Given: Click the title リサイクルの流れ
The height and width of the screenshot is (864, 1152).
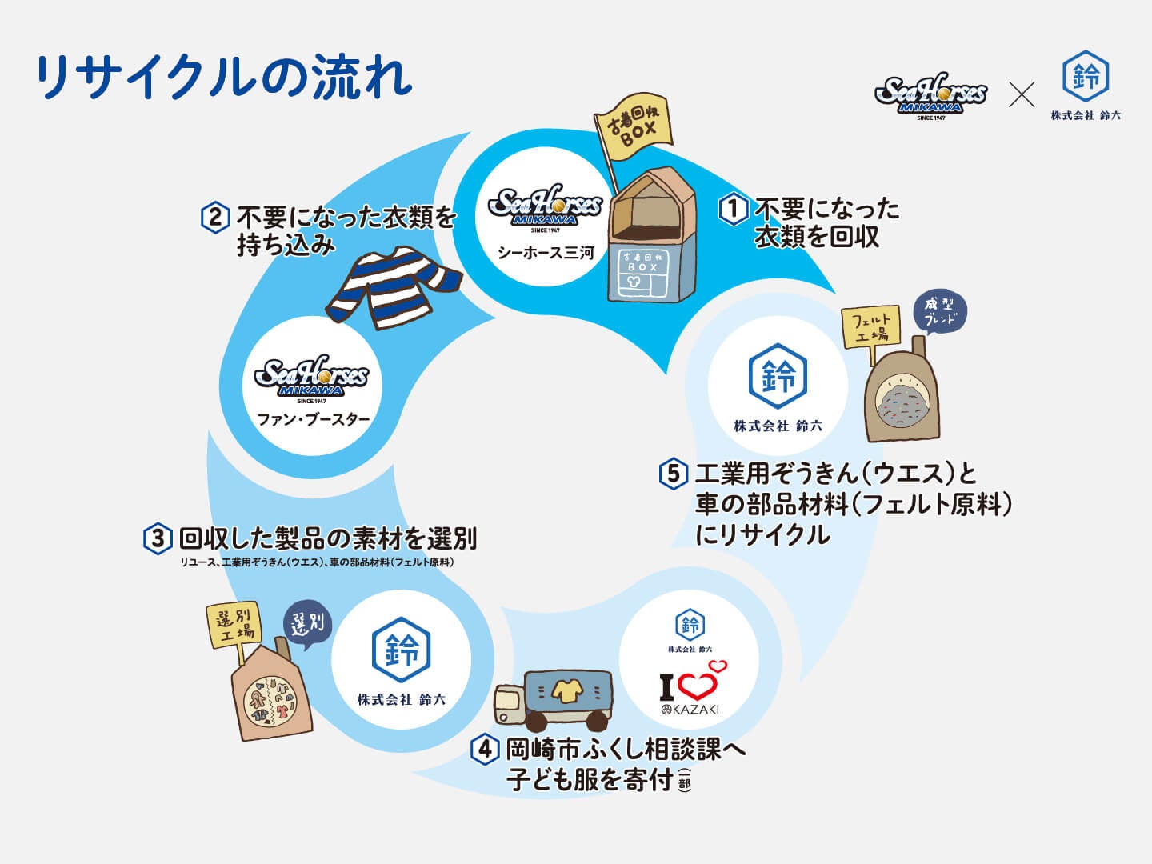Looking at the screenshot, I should (x=224, y=78).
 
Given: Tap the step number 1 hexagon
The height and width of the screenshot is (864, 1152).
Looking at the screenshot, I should (x=733, y=210).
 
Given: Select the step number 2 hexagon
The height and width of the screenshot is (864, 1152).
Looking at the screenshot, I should (x=215, y=218).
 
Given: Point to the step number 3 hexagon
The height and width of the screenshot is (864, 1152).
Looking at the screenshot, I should (x=158, y=538).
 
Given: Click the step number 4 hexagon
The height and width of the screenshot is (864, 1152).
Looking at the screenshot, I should (x=484, y=750).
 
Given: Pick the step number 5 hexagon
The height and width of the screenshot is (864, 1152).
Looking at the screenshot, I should (x=673, y=474).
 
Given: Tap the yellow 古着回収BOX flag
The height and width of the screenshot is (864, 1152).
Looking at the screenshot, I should (x=633, y=129).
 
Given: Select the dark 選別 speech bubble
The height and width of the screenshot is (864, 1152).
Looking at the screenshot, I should (x=308, y=623).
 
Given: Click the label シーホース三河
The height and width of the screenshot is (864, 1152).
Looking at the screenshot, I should (x=546, y=253).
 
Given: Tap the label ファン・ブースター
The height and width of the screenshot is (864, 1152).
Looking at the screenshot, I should (x=314, y=419).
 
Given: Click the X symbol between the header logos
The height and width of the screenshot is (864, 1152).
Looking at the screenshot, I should (x=1021, y=94).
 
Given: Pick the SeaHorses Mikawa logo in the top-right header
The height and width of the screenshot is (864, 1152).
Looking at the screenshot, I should (x=930, y=96).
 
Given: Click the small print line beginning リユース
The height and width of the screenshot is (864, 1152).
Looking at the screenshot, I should (x=317, y=562).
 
